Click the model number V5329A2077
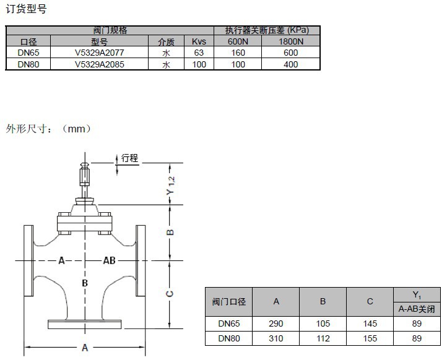[100, 53]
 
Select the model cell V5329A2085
[100, 64]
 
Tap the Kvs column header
[199, 41]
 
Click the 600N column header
[238, 41]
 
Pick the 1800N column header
[291, 41]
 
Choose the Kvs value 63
[199, 53]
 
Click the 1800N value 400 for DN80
[291, 64]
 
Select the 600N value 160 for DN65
[238, 53]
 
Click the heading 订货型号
[26, 9]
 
